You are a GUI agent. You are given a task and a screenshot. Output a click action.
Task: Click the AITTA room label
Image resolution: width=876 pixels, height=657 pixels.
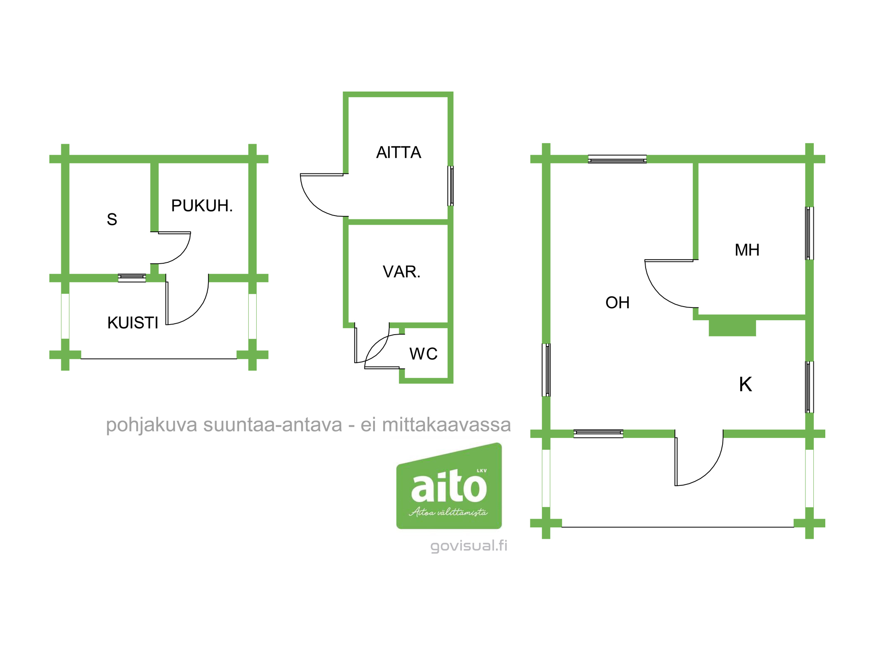click(x=399, y=152)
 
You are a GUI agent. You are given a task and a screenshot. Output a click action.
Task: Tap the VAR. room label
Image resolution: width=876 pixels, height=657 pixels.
click(x=402, y=272)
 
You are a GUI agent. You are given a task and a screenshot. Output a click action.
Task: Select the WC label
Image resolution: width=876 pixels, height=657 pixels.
click(x=424, y=354)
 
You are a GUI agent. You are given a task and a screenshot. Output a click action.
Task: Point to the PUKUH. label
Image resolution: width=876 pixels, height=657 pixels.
click(x=202, y=205)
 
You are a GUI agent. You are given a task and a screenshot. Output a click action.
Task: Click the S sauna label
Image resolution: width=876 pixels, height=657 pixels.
click(x=112, y=219)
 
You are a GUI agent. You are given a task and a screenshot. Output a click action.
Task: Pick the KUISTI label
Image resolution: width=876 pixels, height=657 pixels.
click(x=133, y=323)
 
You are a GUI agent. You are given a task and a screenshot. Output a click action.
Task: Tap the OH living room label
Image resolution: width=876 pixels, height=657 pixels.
click(x=618, y=303)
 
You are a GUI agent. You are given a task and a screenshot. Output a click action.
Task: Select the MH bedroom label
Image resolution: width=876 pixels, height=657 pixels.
click(x=747, y=250)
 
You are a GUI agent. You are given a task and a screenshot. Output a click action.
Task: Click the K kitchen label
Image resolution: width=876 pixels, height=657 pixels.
click(x=745, y=385)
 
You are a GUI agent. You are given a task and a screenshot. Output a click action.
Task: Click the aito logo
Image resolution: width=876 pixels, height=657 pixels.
click(x=449, y=486)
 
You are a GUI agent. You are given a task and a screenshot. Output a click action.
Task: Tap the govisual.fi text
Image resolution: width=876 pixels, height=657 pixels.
click(x=469, y=546)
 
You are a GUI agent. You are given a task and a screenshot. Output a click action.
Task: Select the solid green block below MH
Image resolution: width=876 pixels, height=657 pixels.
click(x=732, y=328)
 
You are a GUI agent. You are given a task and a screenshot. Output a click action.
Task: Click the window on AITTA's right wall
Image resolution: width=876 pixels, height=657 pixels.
click(x=450, y=186)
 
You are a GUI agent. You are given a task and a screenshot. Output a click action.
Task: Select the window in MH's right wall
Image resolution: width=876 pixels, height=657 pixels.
click(x=809, y=233)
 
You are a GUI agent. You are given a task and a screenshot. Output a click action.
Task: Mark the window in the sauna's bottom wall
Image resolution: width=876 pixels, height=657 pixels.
click(x=132, y=278)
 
